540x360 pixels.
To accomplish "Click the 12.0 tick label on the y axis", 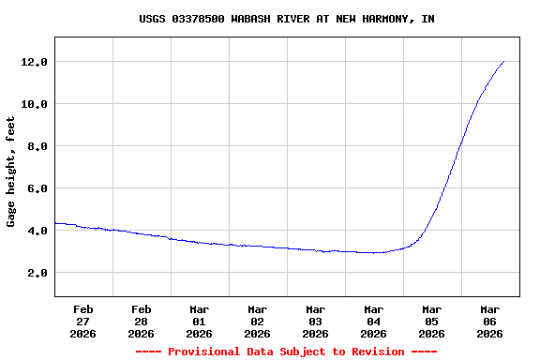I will [36, 62].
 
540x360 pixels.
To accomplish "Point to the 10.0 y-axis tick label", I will [36, 104].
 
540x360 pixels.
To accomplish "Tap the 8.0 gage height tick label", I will [38, 146].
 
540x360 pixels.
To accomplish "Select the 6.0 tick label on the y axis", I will [38, 188].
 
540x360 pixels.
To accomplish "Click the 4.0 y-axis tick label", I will [38, 231].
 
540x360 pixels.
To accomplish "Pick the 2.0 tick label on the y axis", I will [38, 273].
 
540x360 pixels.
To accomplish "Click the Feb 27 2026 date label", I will [83, 321].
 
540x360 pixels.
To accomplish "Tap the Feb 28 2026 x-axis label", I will [142, 321].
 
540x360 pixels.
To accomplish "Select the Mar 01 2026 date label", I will [200, 321].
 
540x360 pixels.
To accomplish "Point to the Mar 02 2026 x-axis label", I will [258, 321].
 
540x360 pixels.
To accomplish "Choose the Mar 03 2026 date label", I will [316, 321].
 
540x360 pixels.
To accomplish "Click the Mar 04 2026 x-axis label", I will [374, 321].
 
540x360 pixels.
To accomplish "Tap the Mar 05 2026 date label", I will [432, 321].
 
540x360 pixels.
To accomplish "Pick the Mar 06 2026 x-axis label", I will [490, 321].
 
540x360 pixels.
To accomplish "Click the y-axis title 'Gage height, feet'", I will [11, 172].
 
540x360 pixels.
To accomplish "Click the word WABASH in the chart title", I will [250, 19].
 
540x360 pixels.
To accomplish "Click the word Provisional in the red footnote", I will [205, 352].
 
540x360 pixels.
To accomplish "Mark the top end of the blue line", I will [503, 62].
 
